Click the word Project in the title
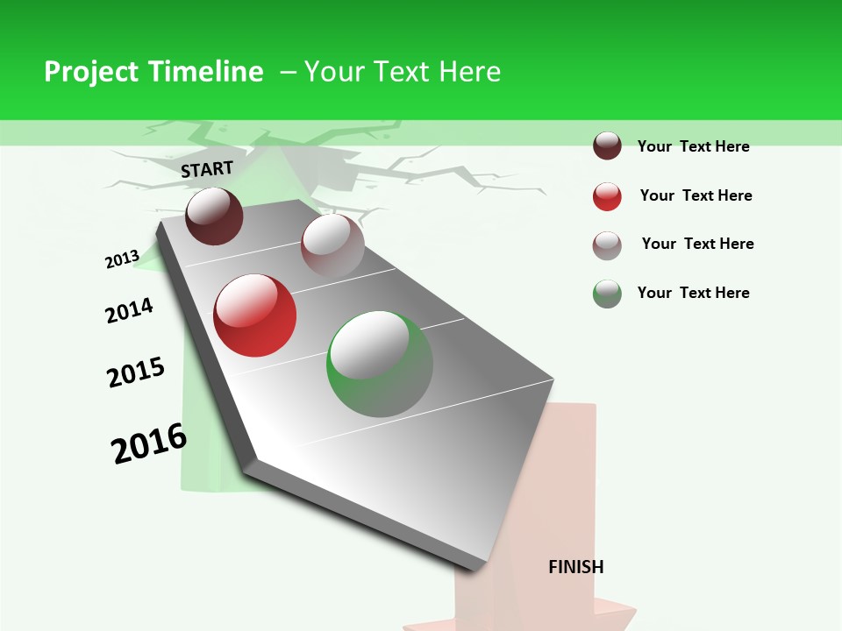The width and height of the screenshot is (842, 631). (x=92, y=72)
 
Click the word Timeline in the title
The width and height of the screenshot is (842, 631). (x=207, y=72)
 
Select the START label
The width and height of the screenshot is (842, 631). (x=207, y=169)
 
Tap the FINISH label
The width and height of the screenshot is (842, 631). (x=576, y=567)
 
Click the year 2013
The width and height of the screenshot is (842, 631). (x=122, y=259)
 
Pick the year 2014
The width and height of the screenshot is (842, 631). (x=129, y=310)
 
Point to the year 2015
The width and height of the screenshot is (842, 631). (x=136, y=372)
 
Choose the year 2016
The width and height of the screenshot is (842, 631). (x=149, y=443)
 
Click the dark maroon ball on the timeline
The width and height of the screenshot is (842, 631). (x=214, y=216)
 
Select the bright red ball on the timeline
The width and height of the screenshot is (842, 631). (x=255, y=315)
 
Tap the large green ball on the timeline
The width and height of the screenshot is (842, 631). (x=380, y=364)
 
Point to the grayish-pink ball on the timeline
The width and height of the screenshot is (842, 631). (x=332, y=245)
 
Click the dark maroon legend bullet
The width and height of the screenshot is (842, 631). (x=607, y=145)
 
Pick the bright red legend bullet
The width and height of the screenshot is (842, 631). (x=607, y=196)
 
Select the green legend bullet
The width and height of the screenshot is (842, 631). (x=607, y=294)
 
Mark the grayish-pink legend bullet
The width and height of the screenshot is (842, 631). (x=607, y=245)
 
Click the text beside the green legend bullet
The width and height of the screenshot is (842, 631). (x=693, y=293)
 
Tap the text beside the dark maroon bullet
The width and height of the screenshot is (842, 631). (x=693, y=146)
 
